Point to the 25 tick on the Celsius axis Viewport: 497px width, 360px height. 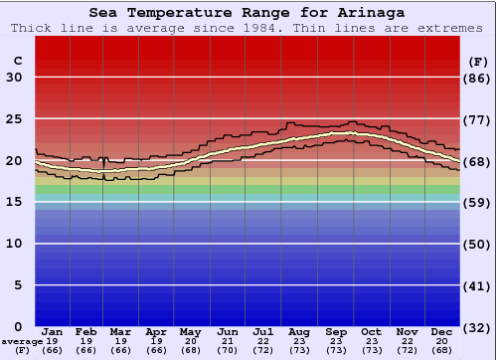[14, 119]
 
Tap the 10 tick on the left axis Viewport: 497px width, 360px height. [14, 244]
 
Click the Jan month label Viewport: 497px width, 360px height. [53, 331]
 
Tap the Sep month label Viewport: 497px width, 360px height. [335, 331]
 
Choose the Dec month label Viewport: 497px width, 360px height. [441, 331]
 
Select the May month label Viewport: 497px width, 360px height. [191, 331]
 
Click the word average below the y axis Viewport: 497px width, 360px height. [23, 340]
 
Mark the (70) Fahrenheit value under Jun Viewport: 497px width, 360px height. [228, 350]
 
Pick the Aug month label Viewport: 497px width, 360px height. [298, 331]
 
